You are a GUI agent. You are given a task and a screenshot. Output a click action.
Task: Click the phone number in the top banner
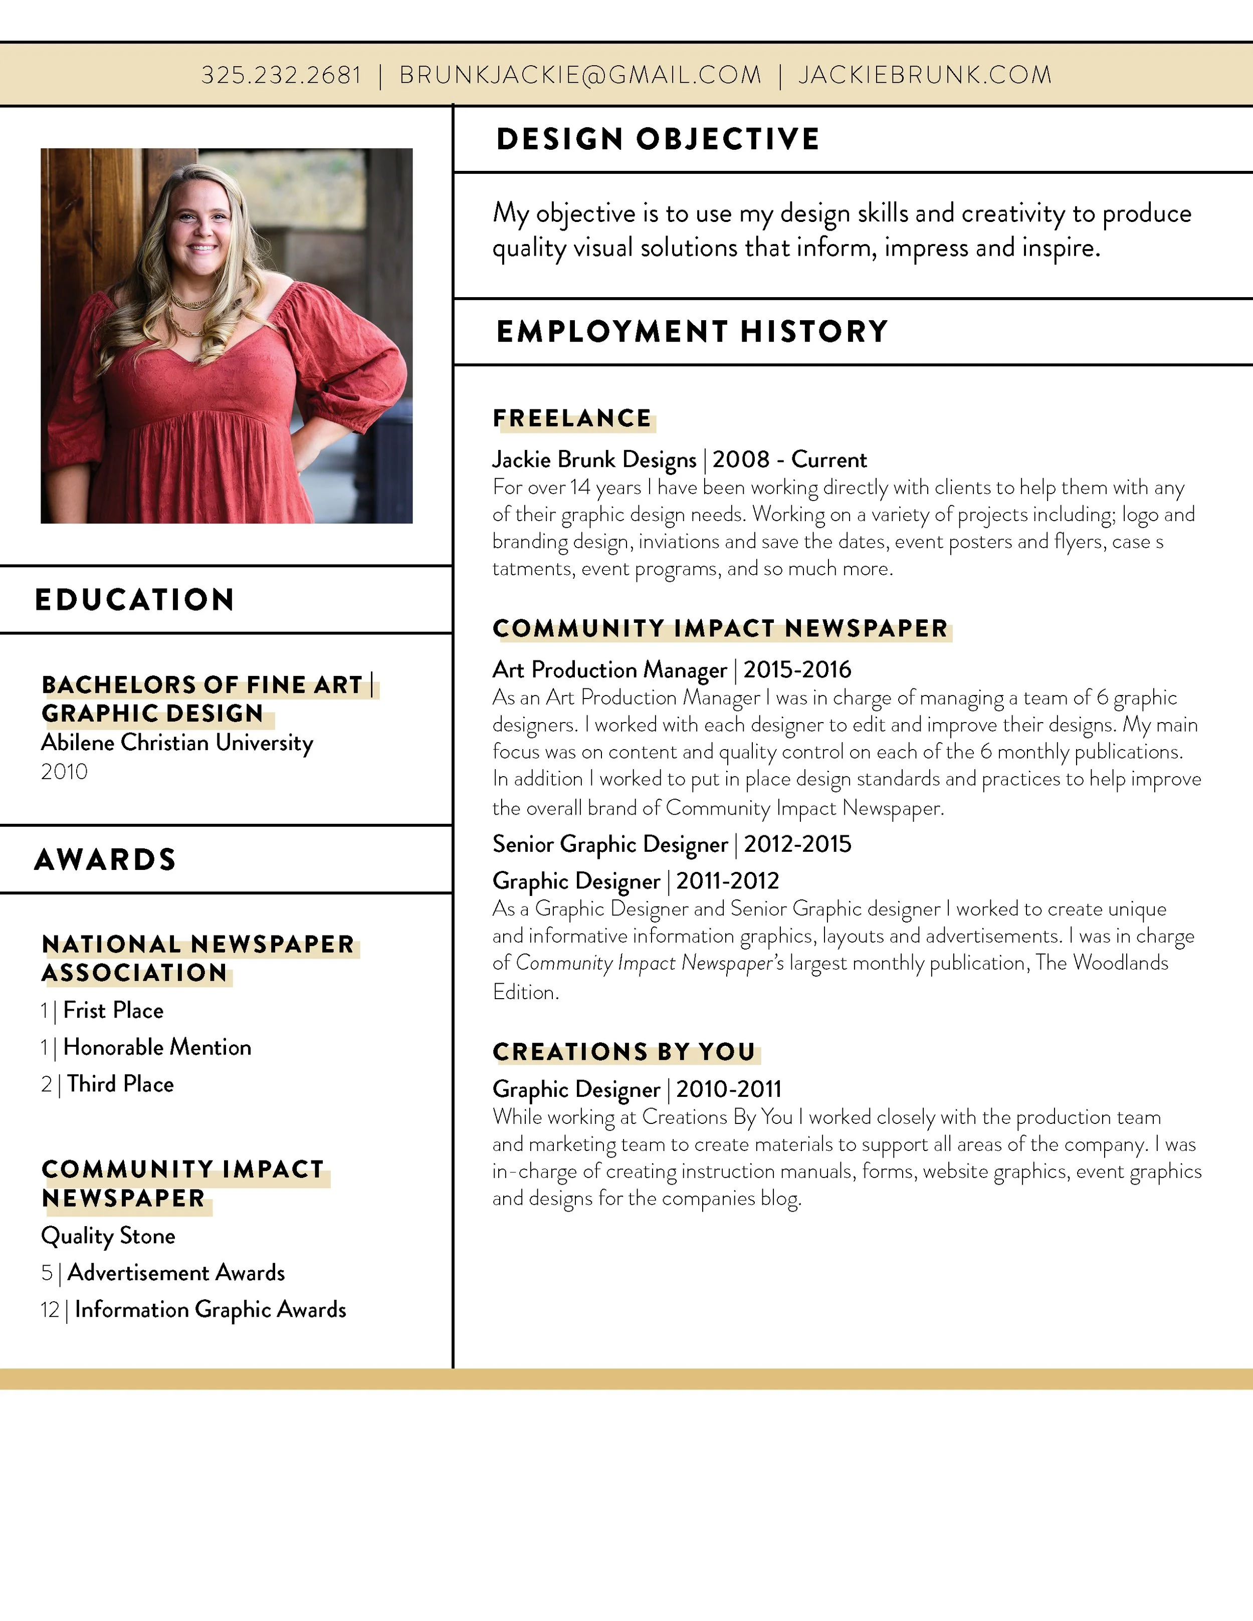coord(281,75)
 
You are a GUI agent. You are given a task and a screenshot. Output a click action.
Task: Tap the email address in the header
coord(580,75)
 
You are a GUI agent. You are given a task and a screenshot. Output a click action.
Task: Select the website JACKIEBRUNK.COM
coord(925,75)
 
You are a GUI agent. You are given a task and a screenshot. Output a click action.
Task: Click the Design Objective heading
coord(658,139)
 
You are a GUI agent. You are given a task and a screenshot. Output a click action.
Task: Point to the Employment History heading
coord(692,332)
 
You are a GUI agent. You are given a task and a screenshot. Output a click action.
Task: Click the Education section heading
coord(134,600)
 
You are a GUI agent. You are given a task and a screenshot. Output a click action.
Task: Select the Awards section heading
coord(105,859)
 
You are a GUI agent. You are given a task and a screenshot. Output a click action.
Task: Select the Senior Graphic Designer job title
coord(609,845)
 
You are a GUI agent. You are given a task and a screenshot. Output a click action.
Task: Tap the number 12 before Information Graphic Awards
coord(50,1310)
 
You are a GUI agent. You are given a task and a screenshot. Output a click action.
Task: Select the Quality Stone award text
coord(108,1236)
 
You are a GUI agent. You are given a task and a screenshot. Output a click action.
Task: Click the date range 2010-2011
coord(729,1089)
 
